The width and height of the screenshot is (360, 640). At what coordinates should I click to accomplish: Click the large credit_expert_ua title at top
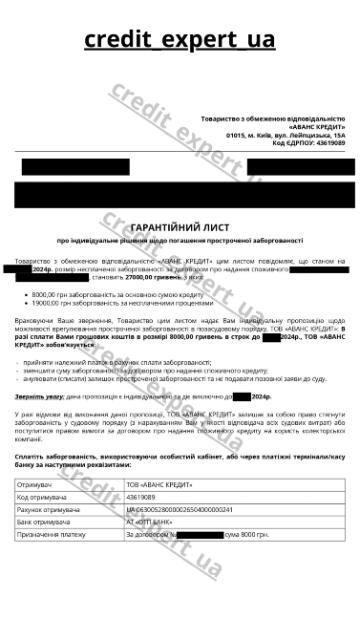coord(180,40)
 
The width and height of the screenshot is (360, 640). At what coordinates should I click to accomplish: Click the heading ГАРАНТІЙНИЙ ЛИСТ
coord(180,228)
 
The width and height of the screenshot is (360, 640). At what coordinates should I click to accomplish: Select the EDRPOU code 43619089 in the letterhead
coord(327,143)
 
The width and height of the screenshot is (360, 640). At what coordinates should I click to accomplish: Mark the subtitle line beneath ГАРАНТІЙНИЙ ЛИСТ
coord(180,241)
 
